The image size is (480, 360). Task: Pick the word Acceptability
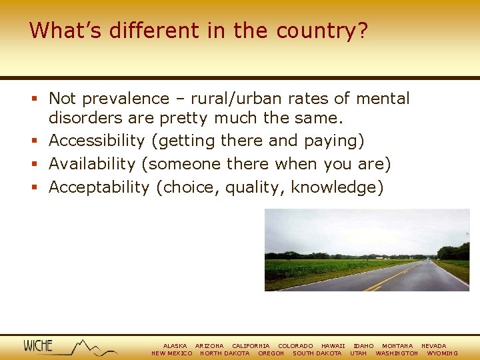tap(99, 187)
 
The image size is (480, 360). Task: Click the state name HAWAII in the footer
tap(333, 346)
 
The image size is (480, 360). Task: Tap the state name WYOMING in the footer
tap(443, 353)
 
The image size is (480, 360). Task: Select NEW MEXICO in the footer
tap(172, 353)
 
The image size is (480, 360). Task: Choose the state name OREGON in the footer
tap(271, 353)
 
